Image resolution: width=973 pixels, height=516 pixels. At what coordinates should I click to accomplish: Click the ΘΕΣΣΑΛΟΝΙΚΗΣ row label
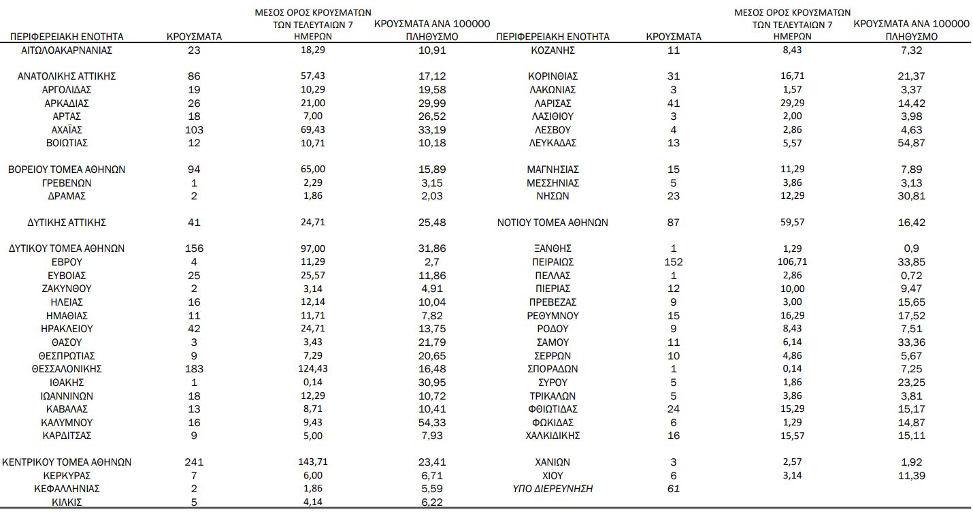[x=67, y=369]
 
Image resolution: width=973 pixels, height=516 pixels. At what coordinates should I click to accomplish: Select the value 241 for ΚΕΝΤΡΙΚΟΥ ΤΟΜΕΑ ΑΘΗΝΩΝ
[x=194, y=462]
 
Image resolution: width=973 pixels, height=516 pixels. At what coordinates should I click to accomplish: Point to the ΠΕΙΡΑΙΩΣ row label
[x=553, y=262]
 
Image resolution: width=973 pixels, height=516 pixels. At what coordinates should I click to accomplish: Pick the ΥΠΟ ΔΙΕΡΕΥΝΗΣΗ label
[x=553, y=489]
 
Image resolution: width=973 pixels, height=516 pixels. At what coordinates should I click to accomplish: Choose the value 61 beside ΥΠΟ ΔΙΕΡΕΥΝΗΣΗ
[x=673, y=489]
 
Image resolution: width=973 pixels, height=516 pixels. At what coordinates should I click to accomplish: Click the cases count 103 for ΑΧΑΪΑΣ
[x=194, y=129]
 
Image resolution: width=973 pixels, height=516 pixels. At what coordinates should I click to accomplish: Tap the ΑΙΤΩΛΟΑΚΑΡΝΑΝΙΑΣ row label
[x=67, y=50]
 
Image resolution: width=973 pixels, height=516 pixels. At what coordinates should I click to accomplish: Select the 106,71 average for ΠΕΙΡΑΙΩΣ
[x=792, y=262]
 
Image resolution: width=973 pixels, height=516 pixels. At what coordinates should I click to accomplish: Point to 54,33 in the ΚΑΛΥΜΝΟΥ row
[x=432, y=422]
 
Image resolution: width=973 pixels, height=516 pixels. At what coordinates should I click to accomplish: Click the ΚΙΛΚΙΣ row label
[x=67, y=502]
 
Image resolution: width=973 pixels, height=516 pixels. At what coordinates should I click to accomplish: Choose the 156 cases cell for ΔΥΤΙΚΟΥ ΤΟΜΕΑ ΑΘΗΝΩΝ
[x=194, y=249]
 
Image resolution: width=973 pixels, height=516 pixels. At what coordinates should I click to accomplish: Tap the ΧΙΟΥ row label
[x=553, y=476]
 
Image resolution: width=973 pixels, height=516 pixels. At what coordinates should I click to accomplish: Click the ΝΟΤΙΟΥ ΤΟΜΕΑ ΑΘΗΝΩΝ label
[x=553, y=223]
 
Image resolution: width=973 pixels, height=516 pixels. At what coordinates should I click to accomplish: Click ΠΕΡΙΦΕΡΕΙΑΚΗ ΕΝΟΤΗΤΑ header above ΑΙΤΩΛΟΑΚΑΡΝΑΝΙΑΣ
[x=67, y=37]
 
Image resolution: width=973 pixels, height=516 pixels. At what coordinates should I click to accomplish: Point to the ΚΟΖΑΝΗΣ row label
[x=553, y=50]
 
